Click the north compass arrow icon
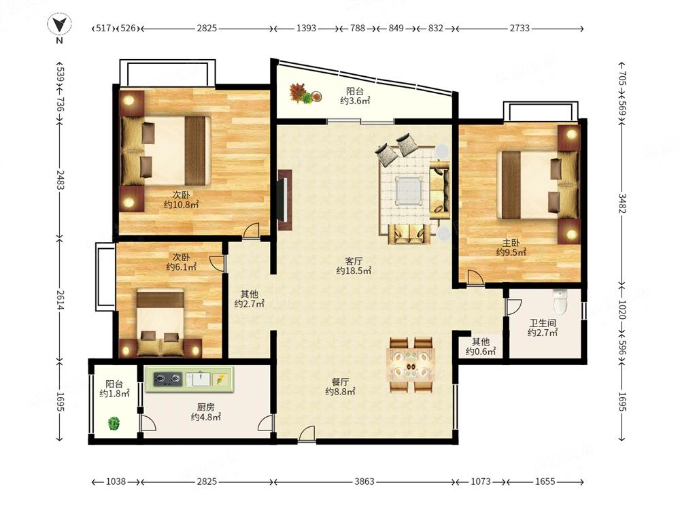point(59,24)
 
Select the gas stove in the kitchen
point(167,379)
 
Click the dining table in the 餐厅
point(411,365)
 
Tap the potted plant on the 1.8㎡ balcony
point(114,423)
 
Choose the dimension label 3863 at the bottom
point(364,481)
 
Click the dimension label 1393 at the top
point(306,28)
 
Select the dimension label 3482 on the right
point(622,203)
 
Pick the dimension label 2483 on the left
point(59,180)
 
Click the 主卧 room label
point(511,243)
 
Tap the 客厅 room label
point(354,262)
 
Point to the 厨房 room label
point(205,407)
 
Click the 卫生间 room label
point(542,323)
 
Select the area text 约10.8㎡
point(182,204)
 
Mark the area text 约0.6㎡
point(481,352)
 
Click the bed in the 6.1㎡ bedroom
point(160,323)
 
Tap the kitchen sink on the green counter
point(199,379)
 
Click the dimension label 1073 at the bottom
point(481,481)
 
